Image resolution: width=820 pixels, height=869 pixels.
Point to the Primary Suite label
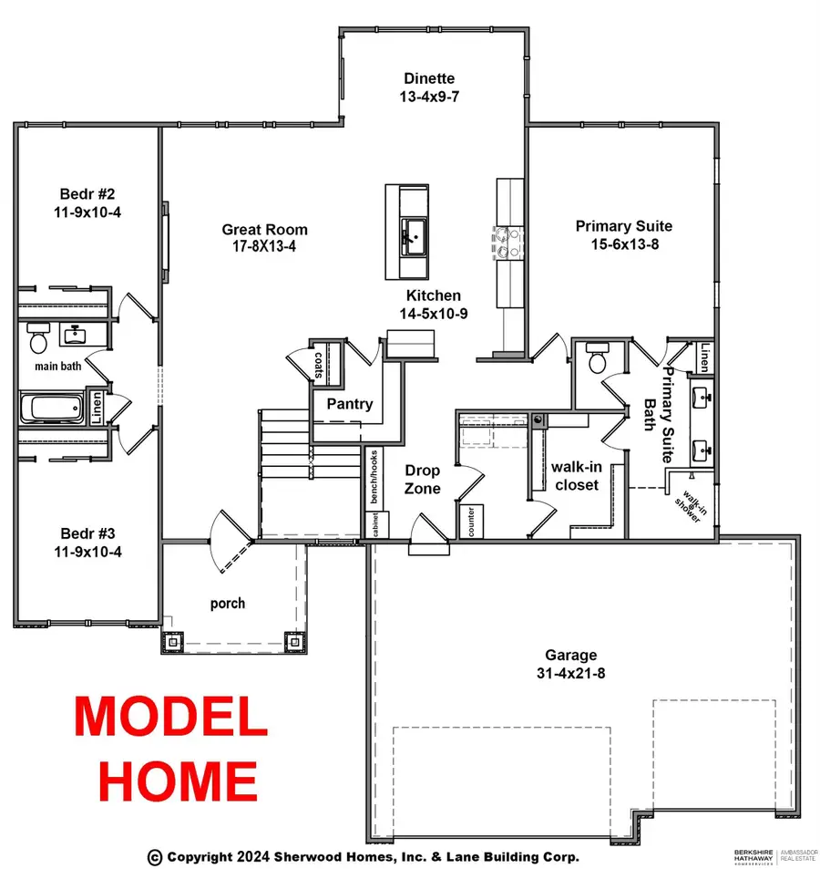click(623, 226)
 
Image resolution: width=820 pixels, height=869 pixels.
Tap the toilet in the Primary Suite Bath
click(598, 358)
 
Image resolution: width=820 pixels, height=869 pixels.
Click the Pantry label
click(350, 404)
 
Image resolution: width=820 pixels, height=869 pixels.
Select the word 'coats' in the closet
click(318, 365)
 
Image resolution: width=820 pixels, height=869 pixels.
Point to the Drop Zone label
click(423, 480)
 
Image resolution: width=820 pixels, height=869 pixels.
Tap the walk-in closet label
click(576, 475)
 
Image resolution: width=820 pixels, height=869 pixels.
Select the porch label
click(227, 603)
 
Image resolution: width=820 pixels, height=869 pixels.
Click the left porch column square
click(172, 641)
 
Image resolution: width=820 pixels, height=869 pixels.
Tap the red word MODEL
click(170, 716)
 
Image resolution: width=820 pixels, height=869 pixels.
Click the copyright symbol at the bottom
click(155, 856)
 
